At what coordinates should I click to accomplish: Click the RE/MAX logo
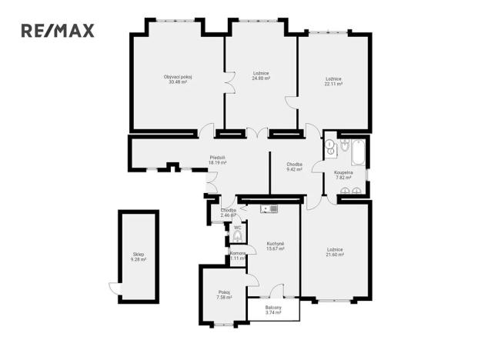(57, 31)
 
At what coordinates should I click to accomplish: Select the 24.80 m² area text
(261, 78)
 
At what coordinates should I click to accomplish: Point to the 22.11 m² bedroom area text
(333, 84)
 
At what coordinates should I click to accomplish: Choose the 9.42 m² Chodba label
(294, 168)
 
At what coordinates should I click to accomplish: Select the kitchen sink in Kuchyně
(268, 208)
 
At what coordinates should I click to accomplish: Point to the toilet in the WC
(236, 237)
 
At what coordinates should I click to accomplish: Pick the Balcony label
(273, 308)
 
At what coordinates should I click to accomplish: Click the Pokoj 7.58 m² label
(224, 293)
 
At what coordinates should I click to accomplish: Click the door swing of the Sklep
(114, 289)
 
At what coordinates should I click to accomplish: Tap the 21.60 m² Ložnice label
(334, 252)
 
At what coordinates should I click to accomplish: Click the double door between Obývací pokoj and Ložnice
(228, 80)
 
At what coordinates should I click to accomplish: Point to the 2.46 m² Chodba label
(228, 212)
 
